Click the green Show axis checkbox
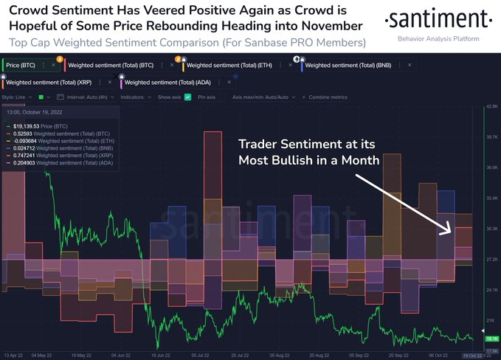(x=187, y=97)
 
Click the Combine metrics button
(x=328, y=97)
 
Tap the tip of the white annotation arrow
(x=451, y=234)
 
